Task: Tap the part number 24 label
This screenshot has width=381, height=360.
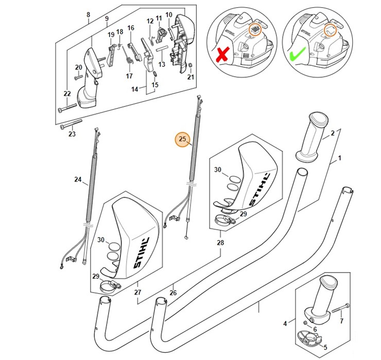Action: (78, 179)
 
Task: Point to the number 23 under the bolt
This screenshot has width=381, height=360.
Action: (72, 134)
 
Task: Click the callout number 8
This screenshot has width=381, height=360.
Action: (88, 15)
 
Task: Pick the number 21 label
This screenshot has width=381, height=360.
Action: (190, 77)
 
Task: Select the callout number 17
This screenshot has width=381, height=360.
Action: (129, 76)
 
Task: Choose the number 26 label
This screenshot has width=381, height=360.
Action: (173, 293)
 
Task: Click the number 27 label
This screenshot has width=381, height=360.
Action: (137, 293)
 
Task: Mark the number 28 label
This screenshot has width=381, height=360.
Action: (220, 242)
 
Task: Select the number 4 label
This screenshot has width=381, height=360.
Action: (285, 323)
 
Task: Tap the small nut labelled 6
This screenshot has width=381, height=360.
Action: (306, 322)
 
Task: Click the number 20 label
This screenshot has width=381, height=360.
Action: (78, 67)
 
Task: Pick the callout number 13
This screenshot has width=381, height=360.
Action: (161, 64)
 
